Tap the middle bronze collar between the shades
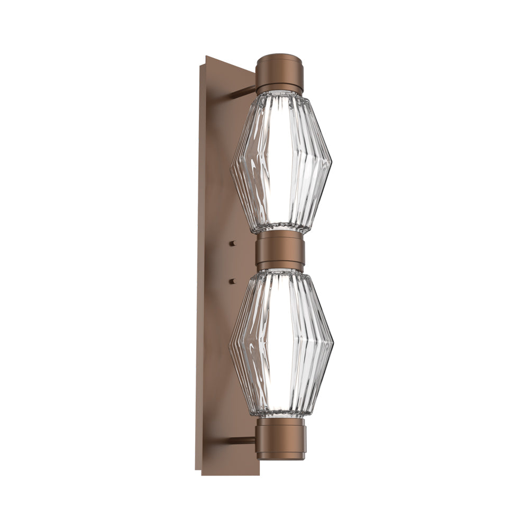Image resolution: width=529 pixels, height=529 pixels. point(280,252)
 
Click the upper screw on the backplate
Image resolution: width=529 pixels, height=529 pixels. point(232,243)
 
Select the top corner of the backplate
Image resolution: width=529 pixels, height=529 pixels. point(207,56)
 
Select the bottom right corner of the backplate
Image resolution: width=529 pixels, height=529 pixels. point(259,474)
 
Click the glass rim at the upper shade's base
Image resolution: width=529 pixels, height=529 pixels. point(280,229)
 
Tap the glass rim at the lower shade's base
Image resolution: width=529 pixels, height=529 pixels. point(280,416)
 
